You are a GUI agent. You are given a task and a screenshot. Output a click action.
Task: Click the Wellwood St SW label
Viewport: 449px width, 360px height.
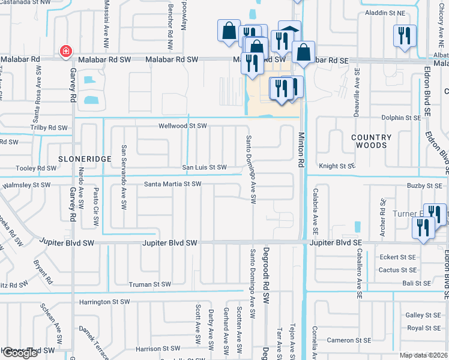(182, 126)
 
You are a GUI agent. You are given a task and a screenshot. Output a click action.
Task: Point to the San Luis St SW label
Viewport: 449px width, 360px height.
(205, 167)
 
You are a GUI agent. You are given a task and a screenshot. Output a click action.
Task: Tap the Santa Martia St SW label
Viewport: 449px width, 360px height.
(173, 184)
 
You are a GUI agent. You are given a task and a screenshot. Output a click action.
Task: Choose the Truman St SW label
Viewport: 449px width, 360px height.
(150, 284)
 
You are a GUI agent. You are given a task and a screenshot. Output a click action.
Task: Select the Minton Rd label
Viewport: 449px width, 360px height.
(301, 150)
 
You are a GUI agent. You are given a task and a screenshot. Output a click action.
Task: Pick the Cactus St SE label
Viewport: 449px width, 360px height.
(397, 270)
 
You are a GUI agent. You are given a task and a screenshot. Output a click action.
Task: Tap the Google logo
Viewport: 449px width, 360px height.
(19, 353)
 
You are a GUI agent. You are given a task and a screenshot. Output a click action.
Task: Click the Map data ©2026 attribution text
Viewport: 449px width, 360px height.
(423, 355)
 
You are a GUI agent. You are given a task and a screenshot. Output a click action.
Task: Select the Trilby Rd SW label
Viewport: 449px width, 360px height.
(49, 128)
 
